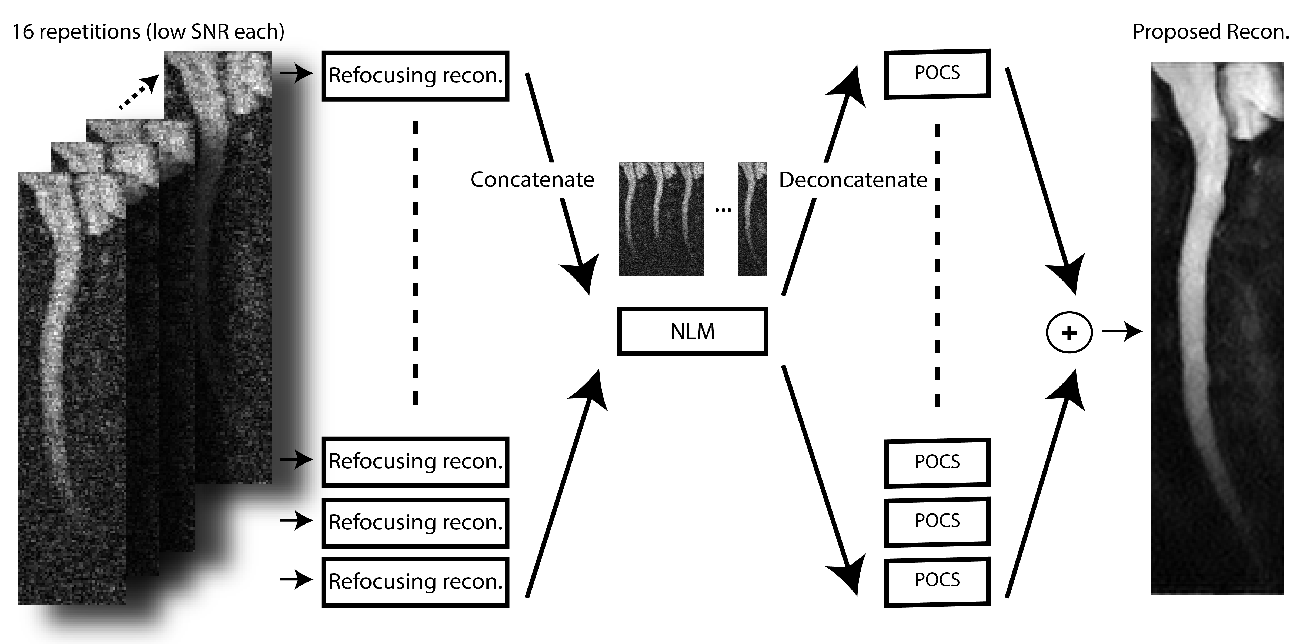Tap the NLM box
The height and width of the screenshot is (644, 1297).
click(692, 331)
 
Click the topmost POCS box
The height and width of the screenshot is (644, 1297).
click(937, 73)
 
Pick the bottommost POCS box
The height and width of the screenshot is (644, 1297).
click(937, 580)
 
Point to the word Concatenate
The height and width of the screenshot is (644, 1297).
click(532, 180)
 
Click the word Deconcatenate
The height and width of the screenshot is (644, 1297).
click(853, 180)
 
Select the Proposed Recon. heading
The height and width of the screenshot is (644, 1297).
click(1211, 32)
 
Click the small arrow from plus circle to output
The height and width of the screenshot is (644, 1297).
click(1122, 332)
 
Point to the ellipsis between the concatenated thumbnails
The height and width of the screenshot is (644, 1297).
click(723, 209)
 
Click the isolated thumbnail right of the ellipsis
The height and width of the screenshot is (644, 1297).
click(752, 219)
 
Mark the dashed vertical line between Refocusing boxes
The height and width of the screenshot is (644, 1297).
click(415, 262)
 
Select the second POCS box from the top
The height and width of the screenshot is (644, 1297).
click(937, 462)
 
